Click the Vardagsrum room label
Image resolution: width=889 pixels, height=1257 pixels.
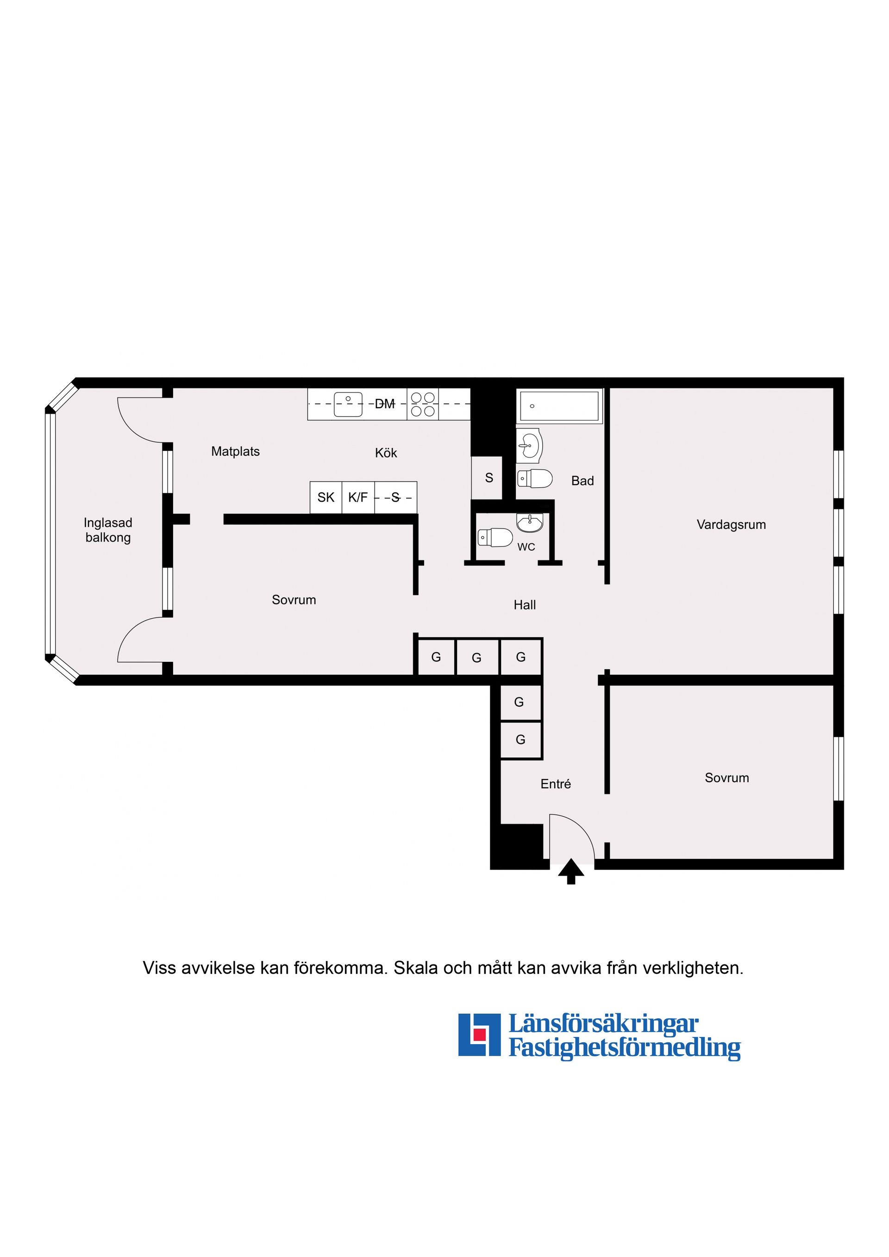coord(731,524)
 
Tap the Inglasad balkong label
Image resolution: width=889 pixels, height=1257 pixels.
coord(108,530)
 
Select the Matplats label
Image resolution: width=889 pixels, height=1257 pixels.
coord(236,452)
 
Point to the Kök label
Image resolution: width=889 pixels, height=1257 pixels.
coord(386,453)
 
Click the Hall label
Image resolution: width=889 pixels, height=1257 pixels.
coord(525,605)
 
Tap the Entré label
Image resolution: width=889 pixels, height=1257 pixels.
coord(556,784)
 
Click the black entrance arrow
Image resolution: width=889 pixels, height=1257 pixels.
coord(571,871)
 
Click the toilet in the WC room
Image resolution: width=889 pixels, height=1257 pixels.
coord(495,537)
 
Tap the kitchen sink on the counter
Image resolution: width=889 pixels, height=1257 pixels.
coord(348,404)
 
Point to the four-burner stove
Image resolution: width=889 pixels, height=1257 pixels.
coord(423,404)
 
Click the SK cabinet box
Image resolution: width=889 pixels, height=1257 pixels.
coord(326,497)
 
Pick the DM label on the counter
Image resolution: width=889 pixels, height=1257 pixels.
coord(384,404)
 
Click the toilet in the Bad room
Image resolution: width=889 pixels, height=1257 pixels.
coord(535,479)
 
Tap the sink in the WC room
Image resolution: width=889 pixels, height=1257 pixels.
coord(530,523)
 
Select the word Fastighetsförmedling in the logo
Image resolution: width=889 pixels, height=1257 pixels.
coord(625,1049)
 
